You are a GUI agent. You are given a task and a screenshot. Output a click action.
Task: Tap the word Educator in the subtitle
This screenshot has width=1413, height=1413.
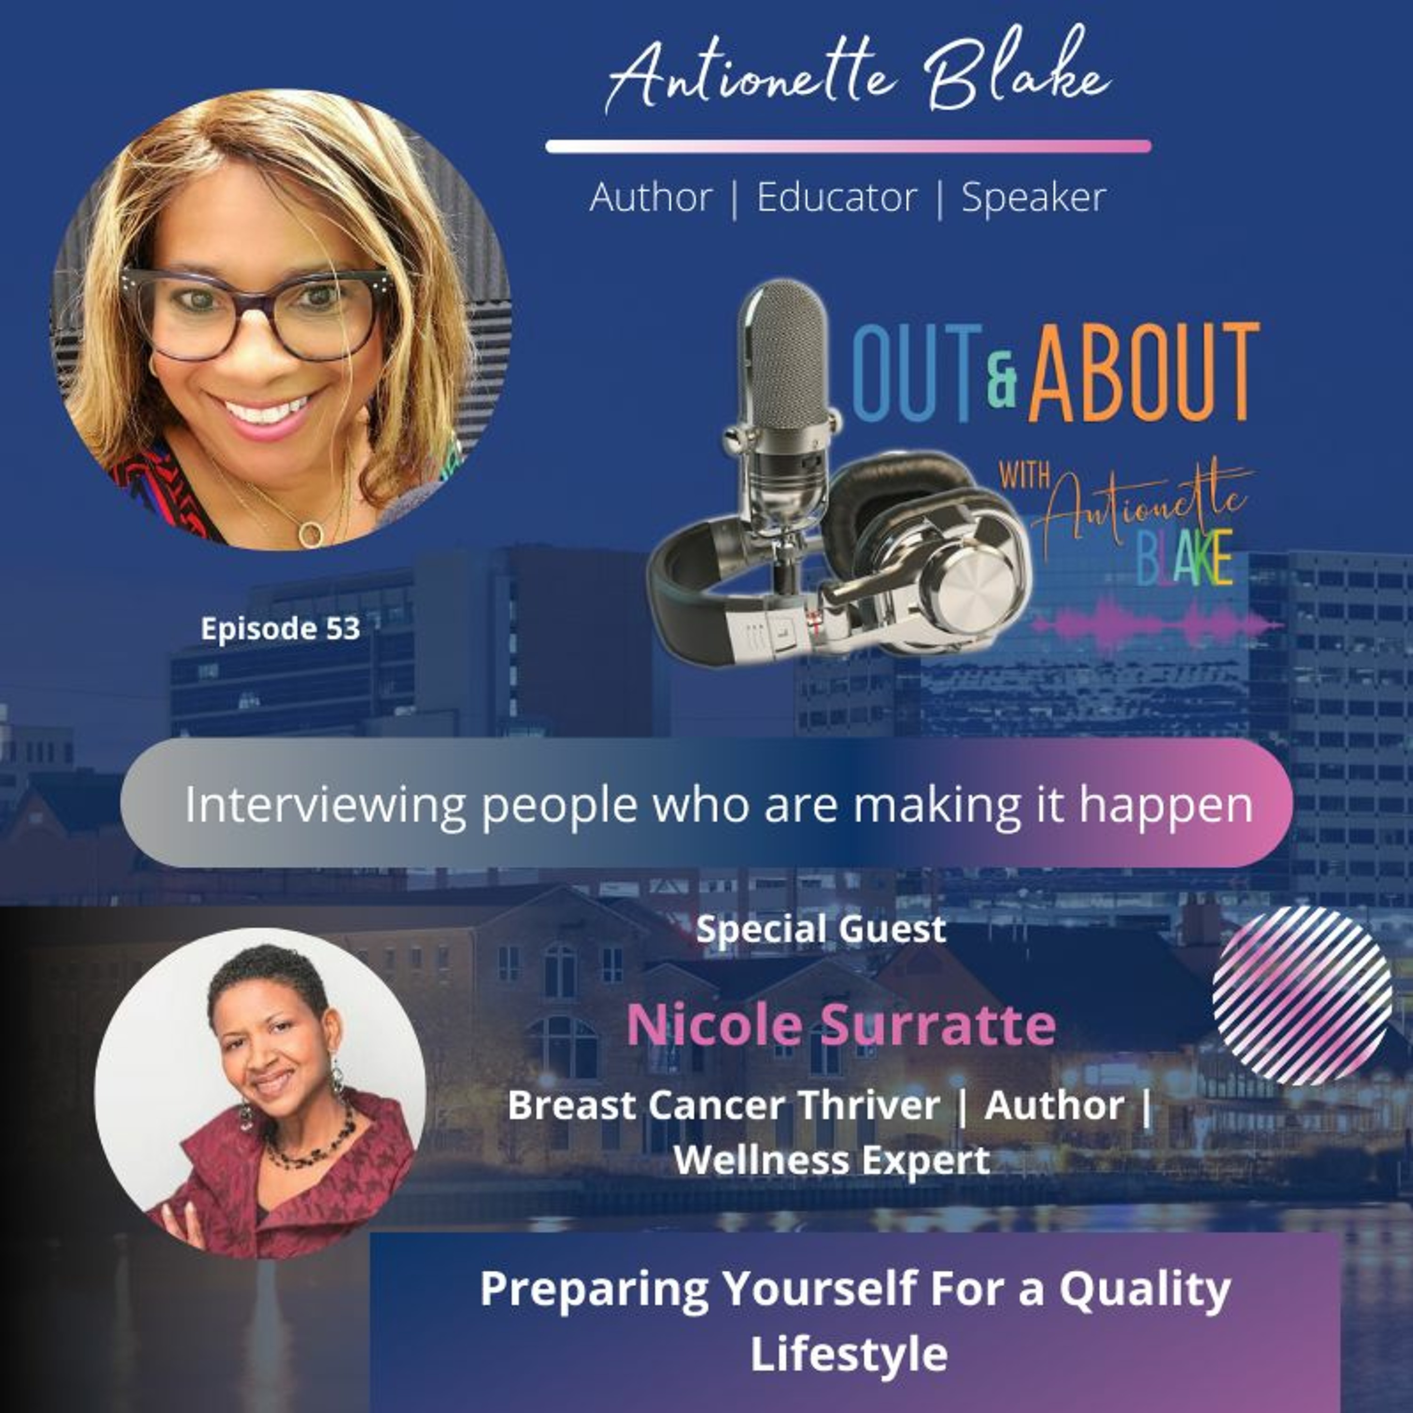(836, 197)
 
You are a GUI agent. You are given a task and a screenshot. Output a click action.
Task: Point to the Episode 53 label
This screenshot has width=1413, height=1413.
(281, 628)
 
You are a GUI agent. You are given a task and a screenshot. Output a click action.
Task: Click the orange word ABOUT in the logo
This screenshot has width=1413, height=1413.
(1144, 373)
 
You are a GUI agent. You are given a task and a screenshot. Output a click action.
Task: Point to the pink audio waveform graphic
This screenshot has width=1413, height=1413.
(1155, 622)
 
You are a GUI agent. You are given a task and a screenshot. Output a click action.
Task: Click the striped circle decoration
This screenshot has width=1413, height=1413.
(1302, 995)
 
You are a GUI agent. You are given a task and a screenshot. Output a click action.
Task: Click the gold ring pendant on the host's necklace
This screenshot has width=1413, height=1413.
(311, 534)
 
